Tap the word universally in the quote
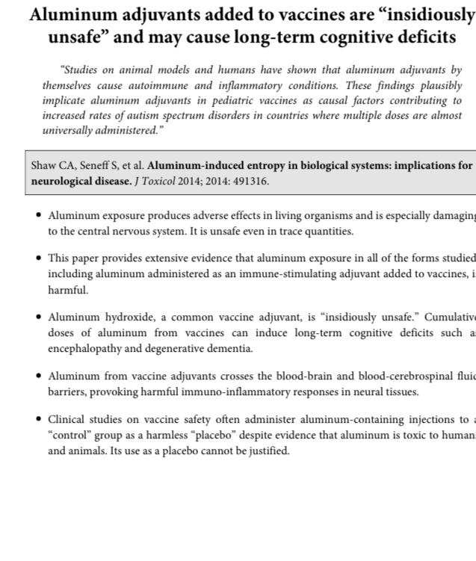coord(69,130)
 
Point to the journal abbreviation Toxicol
coord(163,181)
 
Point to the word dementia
coord(230,347)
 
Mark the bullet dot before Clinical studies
coord(39,421)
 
